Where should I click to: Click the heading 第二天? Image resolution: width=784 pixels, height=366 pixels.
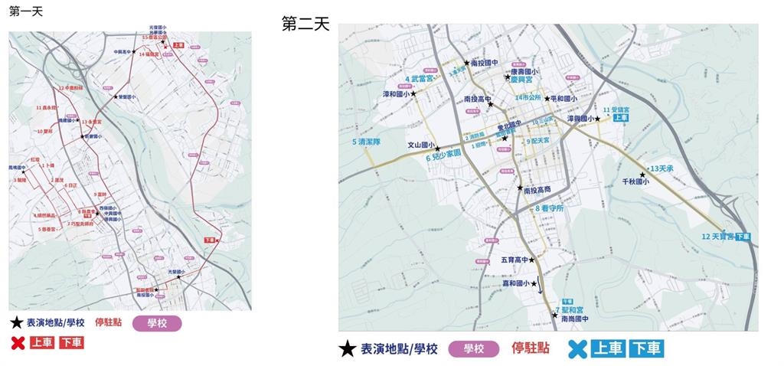click(x=305, y=25)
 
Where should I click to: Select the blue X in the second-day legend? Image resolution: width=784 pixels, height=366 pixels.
click(x=578, y=349)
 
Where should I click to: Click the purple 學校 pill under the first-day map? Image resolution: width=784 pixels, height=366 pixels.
click(x=157, y=323)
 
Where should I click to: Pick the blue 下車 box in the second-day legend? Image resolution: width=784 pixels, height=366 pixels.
click(x=646, y=349)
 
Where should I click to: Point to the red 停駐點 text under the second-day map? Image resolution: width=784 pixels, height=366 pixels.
click(x=531, y=348)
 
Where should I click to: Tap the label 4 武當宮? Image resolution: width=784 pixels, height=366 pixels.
click(x=420, y=78)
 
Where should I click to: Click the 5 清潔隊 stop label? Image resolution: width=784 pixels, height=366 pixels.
click(x=366, y=142)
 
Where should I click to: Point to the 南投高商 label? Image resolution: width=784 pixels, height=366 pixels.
click(x=539, y=189)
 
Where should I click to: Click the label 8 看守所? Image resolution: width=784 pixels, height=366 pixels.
click(x=549, y=208)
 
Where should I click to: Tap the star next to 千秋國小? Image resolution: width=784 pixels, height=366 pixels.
click(x=642, y=175)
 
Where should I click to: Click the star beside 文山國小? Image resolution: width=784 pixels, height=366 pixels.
click(x=438, y=149)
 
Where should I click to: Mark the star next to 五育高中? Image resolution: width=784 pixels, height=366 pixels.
click(x=531, y=260)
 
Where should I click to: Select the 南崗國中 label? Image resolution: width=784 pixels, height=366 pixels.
click(x=573, y=319)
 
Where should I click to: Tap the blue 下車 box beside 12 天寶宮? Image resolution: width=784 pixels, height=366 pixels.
click(x=743, y=237)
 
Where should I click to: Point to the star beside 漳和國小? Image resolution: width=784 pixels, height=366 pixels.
click(x=413, y=94)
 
